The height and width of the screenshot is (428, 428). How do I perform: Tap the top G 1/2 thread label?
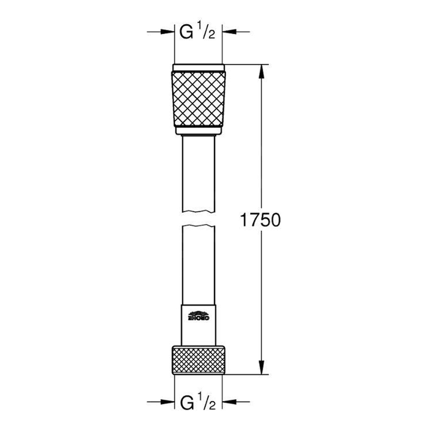199,33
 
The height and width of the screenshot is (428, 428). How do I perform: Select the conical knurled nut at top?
199,100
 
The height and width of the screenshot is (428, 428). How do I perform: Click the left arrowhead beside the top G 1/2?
169,33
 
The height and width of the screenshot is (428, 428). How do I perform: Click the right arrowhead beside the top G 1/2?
228,33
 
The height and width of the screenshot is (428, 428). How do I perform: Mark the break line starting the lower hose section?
199,226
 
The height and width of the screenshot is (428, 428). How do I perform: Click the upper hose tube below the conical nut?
199,173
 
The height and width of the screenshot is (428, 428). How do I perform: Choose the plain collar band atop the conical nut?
199,67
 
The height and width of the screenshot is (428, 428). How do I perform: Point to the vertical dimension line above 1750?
262,142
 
